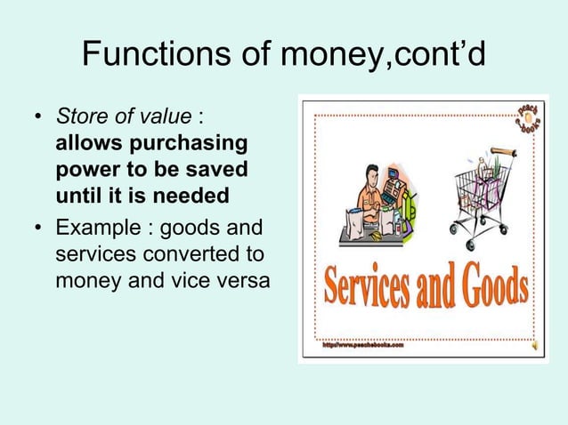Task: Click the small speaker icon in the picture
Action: point(532,345)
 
